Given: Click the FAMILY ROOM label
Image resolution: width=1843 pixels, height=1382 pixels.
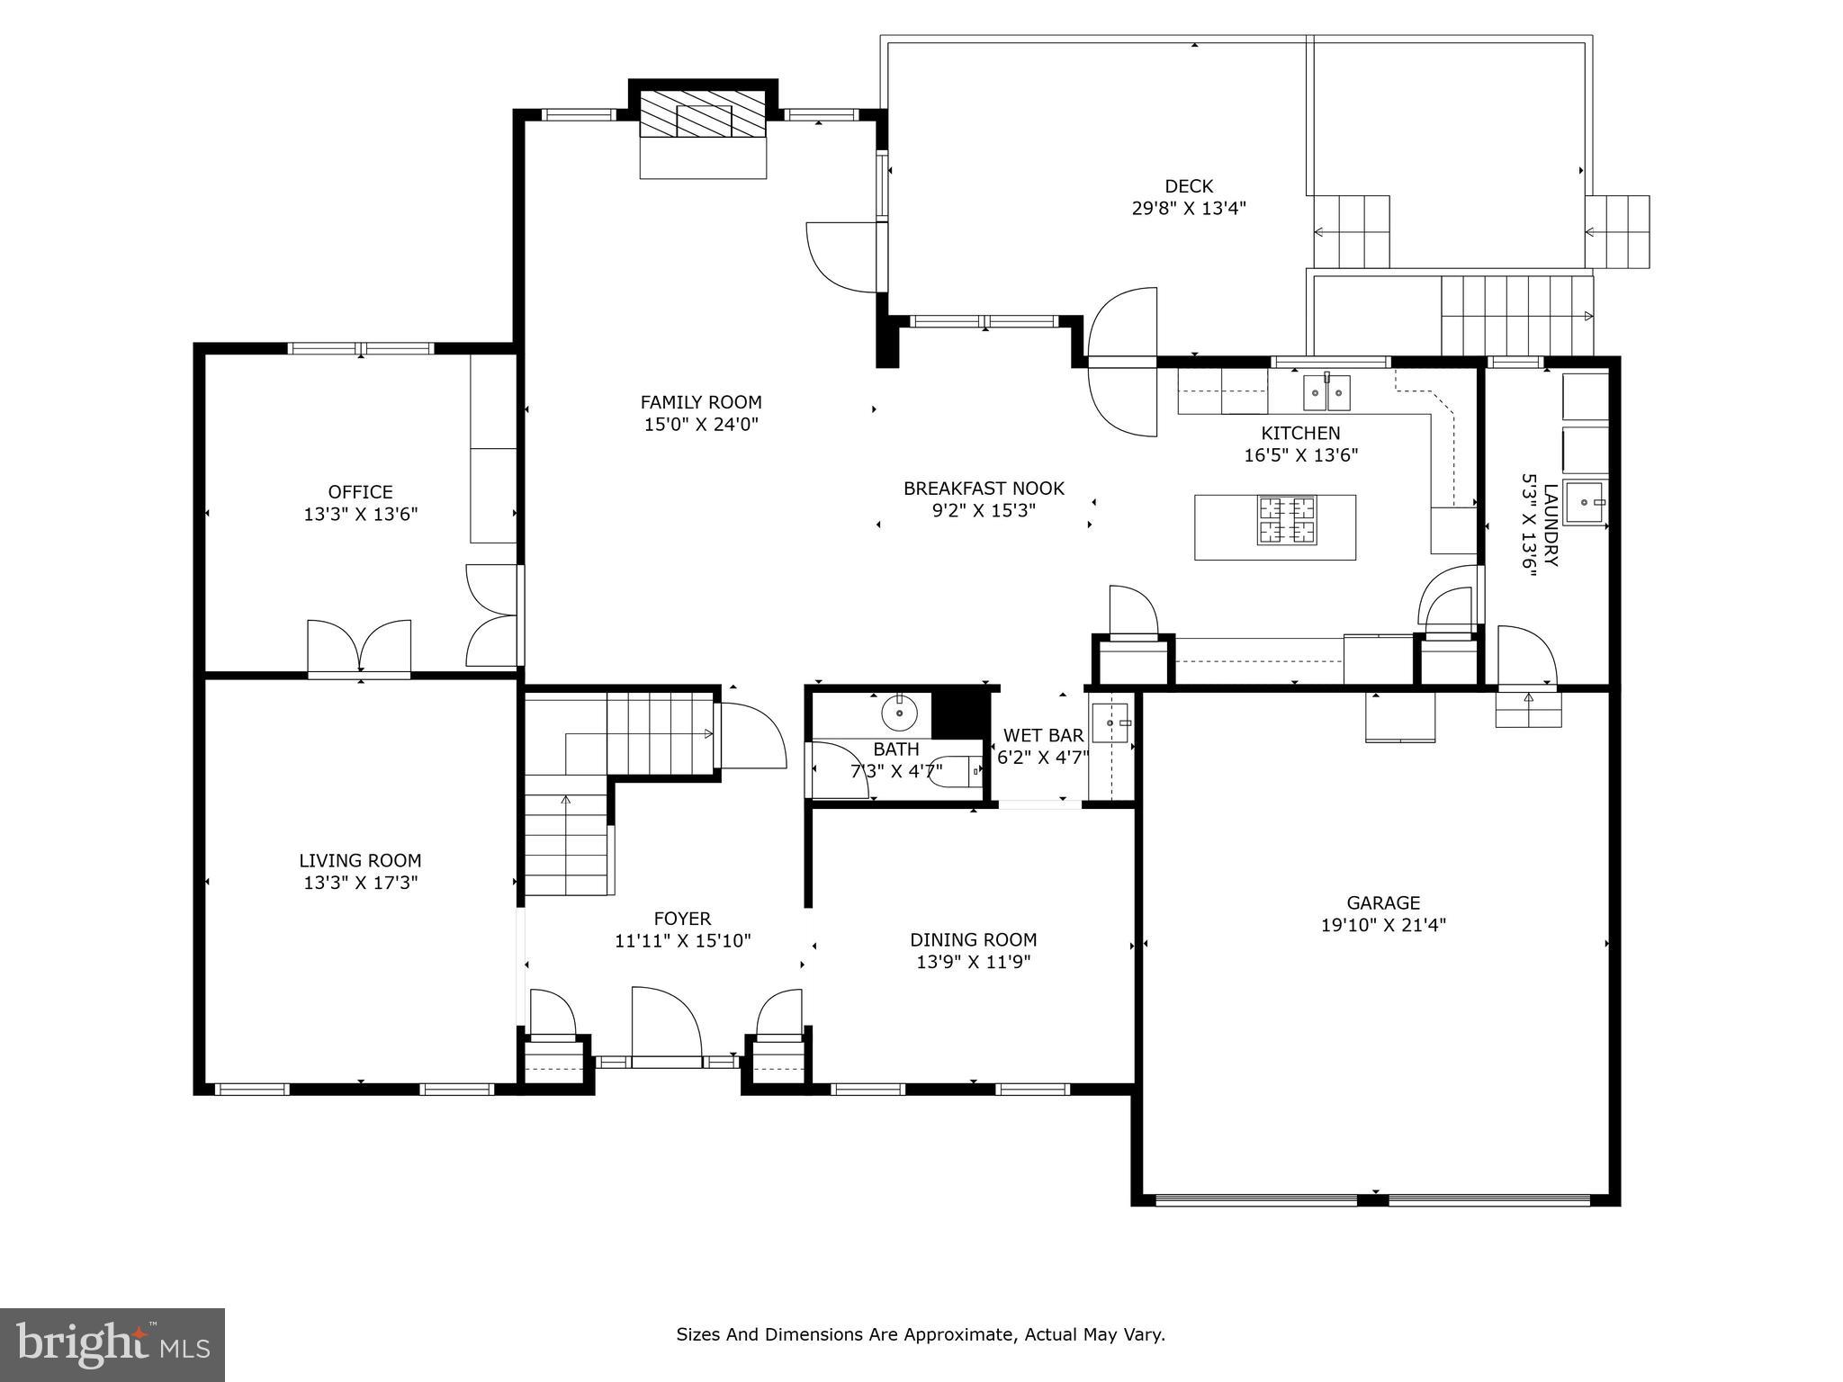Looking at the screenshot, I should tap(701, 402).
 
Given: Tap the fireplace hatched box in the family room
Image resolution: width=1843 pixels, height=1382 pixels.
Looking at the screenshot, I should tap(702, 113).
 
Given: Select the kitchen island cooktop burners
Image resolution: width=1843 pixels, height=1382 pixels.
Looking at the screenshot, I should tap(1287, 520).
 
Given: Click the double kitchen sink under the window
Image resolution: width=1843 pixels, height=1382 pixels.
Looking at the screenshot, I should tap(1327, 391).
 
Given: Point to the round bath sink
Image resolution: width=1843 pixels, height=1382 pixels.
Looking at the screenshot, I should tap(898, 713).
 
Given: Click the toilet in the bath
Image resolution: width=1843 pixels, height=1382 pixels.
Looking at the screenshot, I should tap(954, 772).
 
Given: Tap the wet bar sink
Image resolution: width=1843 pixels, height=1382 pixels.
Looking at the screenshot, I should tap(1110, 723).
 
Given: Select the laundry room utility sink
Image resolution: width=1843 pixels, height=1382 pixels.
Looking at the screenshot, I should tap(1585, 502).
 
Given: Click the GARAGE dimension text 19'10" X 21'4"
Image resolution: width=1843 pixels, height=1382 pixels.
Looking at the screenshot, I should tap(1383, 925).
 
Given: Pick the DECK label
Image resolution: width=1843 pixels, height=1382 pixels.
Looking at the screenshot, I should tap(1189, 186).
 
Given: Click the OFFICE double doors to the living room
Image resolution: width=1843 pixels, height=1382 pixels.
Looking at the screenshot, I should tap(359, 646).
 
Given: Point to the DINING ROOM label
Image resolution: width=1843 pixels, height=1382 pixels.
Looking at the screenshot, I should tap(973, 939).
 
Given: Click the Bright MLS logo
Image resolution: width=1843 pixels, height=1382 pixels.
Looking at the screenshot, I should tap(112, 1345).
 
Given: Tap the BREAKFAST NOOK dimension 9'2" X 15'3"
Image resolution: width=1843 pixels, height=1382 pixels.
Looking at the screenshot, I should tap(984, 510).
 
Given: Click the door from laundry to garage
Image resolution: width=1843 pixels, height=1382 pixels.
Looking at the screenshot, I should tap(1526, 657).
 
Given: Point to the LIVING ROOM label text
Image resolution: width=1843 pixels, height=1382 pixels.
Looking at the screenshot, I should tap(360, 860).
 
